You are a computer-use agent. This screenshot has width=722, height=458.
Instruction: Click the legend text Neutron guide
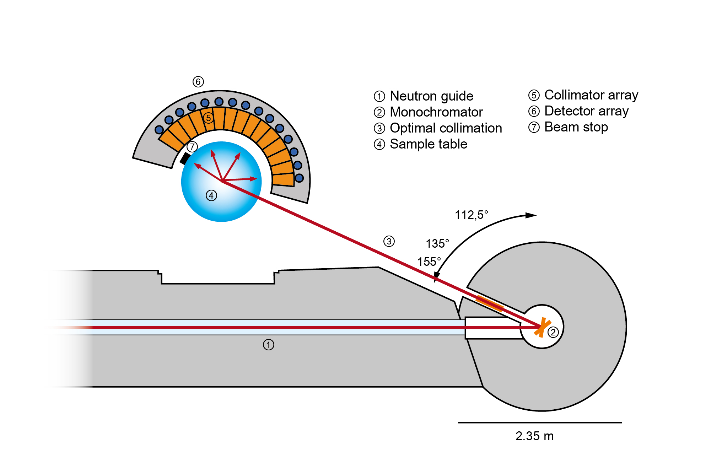coord(431,96)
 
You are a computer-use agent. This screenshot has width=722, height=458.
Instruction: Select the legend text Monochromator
coord(436,112)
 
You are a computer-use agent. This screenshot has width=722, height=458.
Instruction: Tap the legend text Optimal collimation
coord(446,128)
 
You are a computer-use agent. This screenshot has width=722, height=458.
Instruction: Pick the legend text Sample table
coord(429,144)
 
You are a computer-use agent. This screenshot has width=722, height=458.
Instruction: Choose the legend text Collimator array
coord(591,95)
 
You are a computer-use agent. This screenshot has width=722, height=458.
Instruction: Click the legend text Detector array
coord(587,111)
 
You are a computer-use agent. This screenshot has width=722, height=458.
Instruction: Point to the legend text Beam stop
coord(576,127)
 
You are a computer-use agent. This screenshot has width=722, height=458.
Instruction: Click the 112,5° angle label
coord(472,215)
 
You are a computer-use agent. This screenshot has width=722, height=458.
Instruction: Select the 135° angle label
coord(437,244)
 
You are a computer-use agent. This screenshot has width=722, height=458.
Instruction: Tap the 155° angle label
coord(429,262)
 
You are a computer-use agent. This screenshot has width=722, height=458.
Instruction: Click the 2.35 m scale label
coord(534,436)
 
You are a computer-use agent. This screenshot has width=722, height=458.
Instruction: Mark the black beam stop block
coord(185,158)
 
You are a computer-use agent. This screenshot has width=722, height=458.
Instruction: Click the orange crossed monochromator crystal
coord(542,327)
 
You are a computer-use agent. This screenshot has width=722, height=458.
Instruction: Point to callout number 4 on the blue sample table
coord(211,195)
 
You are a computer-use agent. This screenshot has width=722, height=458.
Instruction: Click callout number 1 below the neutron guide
coord(269,345)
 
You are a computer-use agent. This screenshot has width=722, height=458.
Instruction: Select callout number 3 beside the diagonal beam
coord(389,242)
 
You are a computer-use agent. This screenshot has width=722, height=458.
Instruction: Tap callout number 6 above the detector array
coord(198,82)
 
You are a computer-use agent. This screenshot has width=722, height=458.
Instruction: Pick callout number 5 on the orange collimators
coord(209,118)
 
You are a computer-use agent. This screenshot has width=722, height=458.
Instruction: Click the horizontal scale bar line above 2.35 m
coord(540,422)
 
